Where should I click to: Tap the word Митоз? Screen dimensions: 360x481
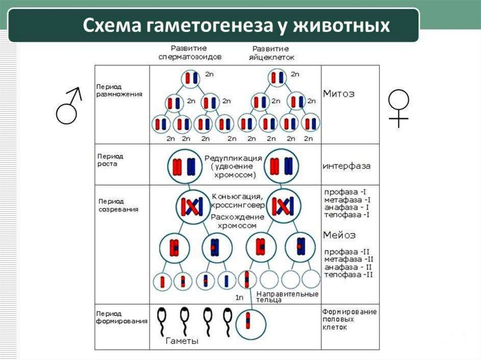(x=339, y=93)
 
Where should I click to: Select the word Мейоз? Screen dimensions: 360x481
(x=339, y=235)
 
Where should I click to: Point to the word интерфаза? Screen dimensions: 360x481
(x=346, y=166)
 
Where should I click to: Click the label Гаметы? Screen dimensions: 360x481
(x=182, y=341)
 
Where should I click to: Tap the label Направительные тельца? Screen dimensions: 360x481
(x=287, y=297)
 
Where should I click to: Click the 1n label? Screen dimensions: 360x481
(x=240, y=298)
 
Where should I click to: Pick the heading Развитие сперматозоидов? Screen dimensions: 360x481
(x=190, y=53)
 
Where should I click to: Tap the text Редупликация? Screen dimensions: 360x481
(x=233, y=158)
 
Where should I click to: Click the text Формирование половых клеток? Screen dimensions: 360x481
(x=349, y=319)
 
